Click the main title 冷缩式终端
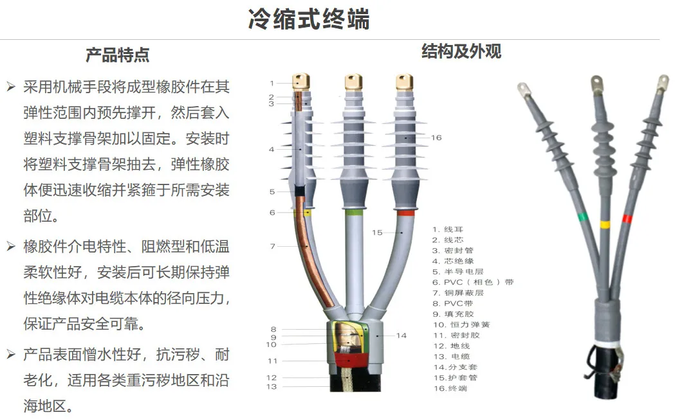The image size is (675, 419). tap(309, 19)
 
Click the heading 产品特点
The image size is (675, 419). tap(117, 55)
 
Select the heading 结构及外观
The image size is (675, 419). tap(461, 51)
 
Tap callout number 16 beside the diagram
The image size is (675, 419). tap(436, 138)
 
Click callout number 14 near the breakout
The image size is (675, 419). tap(401, 335)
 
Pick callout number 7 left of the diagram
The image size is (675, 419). tap(272, 246)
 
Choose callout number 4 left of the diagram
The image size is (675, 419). tap(272, 149)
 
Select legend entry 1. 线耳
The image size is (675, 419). tap(448, 229)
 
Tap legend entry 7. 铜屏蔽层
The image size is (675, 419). tap(458, 292)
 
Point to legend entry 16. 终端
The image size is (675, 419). tap(450, 388)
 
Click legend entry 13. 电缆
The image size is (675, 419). tap(451, 356)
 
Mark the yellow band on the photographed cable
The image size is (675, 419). tap(605, 225)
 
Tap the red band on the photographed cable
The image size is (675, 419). tap(627, 219)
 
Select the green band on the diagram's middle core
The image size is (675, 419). tap(353, 212)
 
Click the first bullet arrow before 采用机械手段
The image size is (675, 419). tap(11, 86)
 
